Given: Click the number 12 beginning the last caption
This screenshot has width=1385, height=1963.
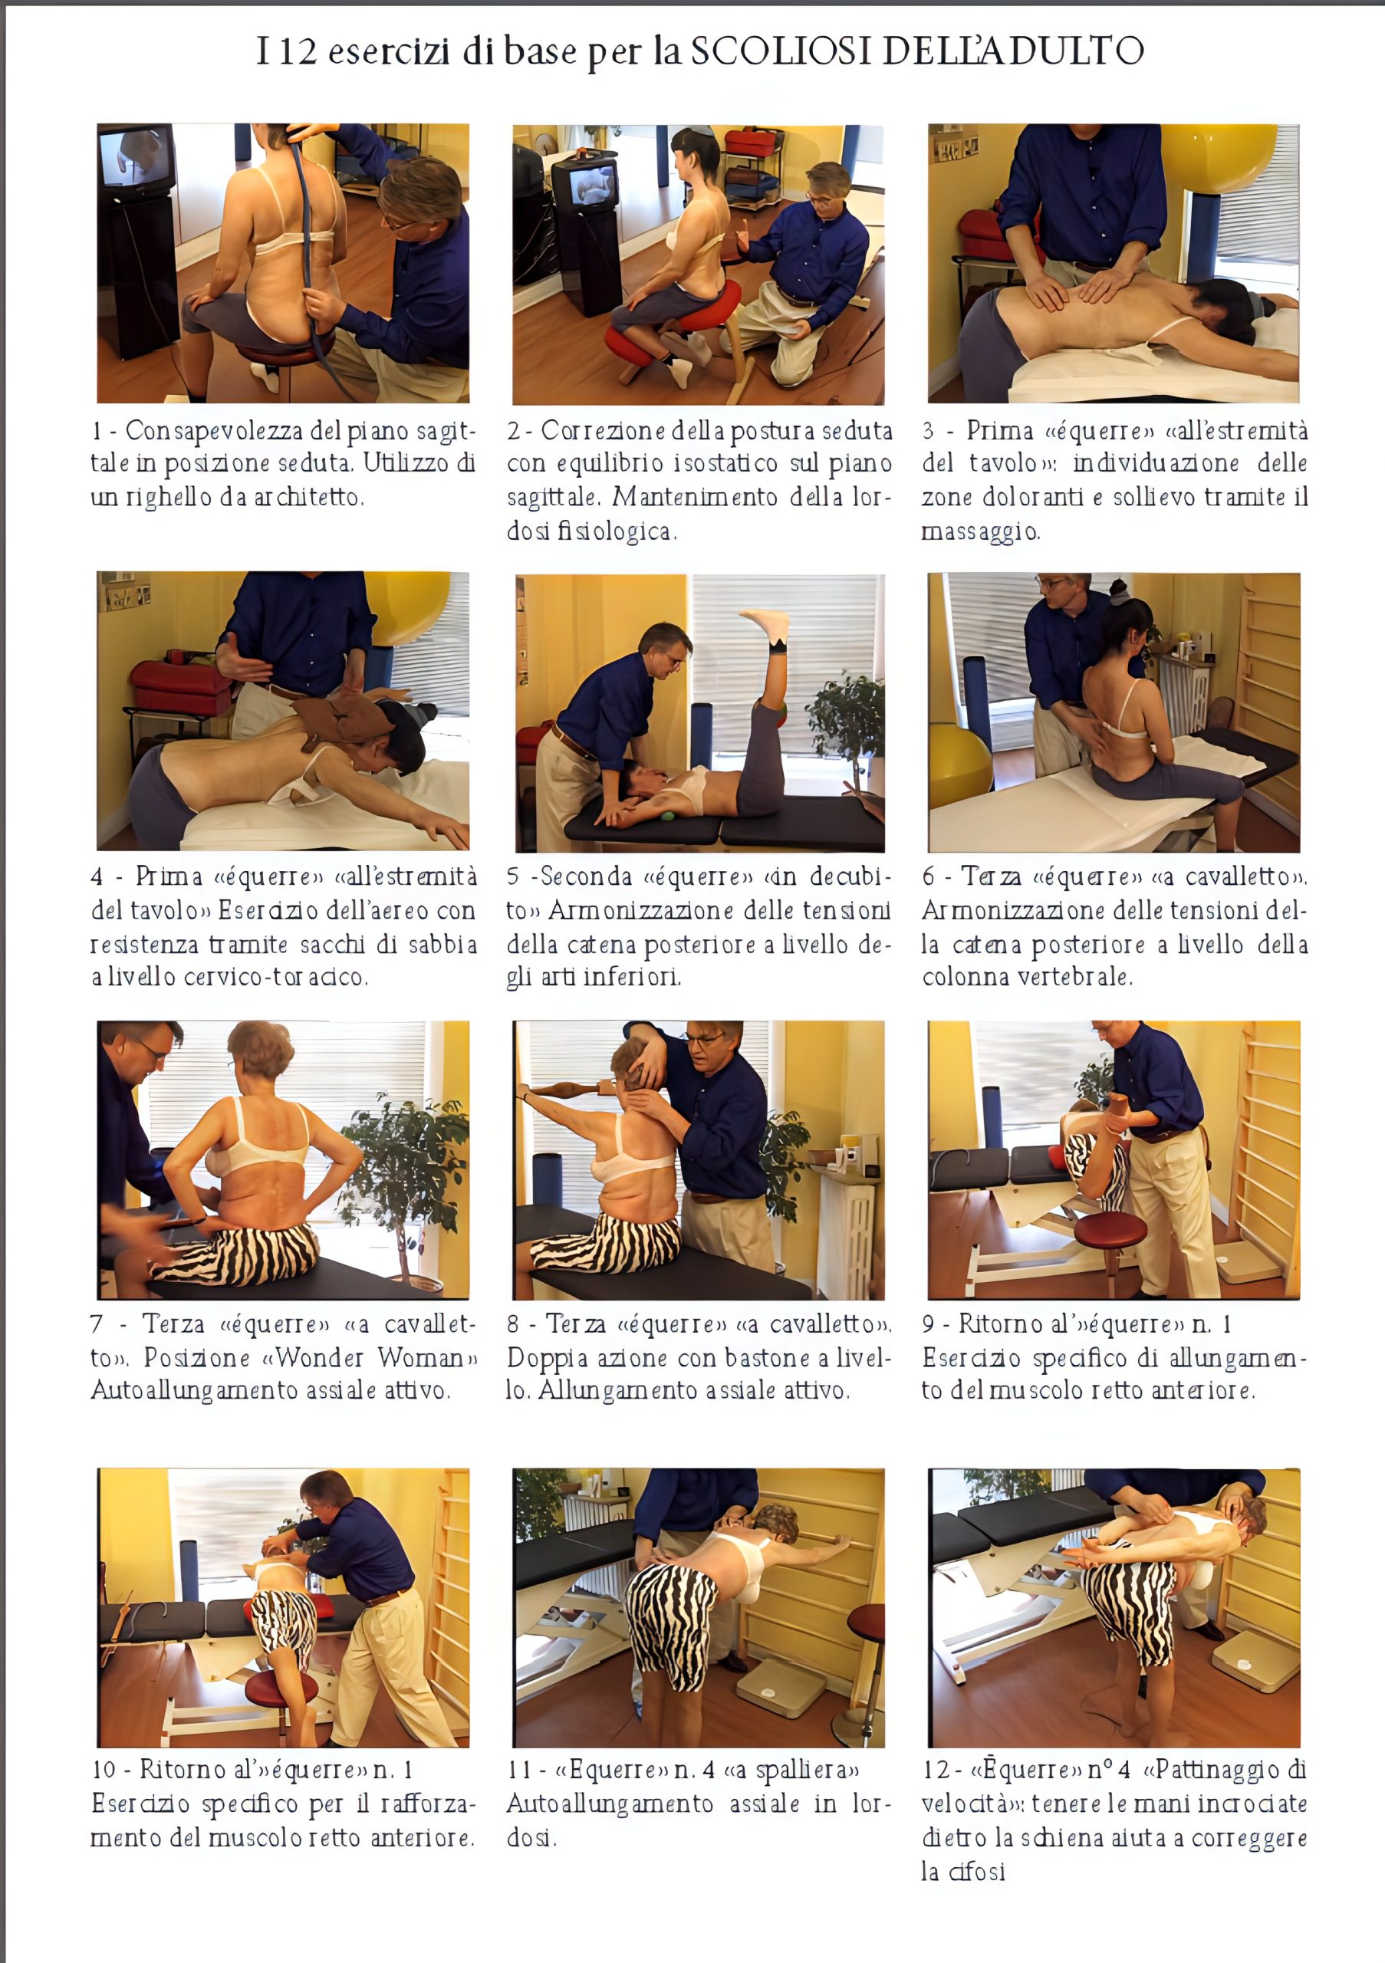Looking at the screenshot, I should (x=936, y=1770).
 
